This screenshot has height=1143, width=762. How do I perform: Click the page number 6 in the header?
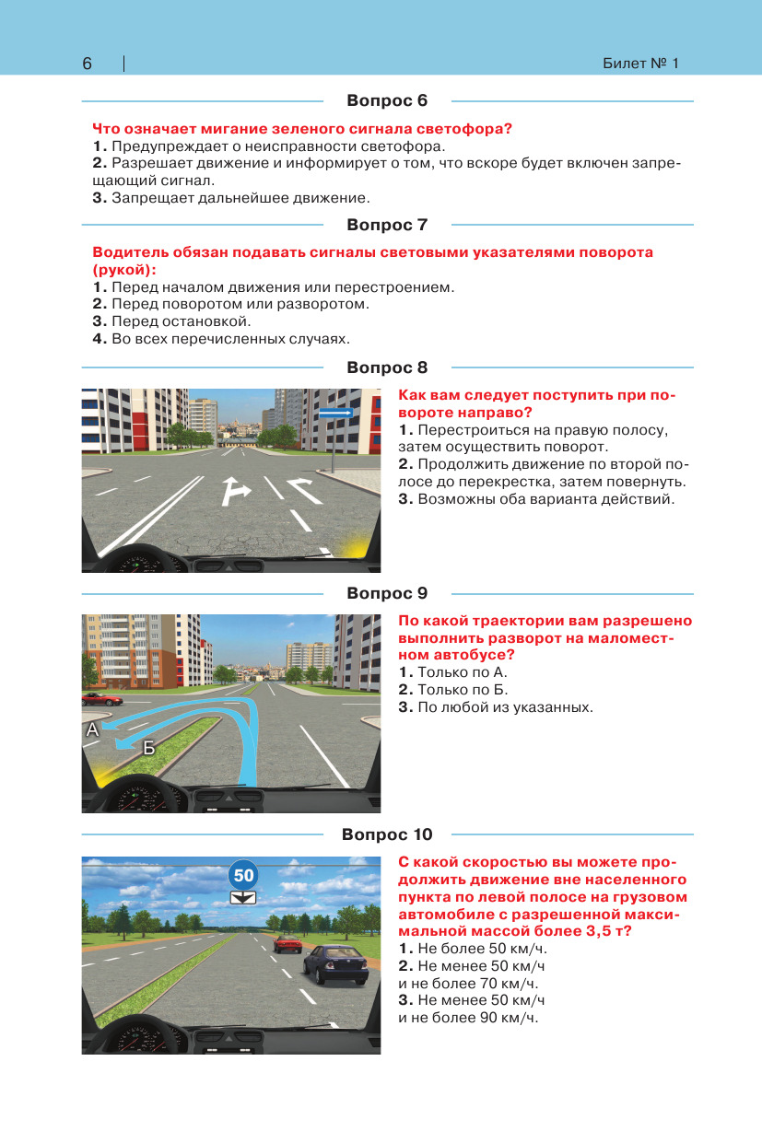click(x=87, y=64)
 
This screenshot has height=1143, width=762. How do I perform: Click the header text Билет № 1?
click(x=640, y=64)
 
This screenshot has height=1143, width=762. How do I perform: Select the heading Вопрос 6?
click(x=387, y=100)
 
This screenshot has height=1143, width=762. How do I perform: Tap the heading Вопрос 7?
click(x=387, y=225)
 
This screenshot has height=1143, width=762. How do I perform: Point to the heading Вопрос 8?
click(x=387, y=367)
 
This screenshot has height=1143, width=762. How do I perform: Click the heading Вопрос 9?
click(x=387, y=593)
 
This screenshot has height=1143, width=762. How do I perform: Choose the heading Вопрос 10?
click(x=387, y=834)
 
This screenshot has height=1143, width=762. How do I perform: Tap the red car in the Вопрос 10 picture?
click(x=287, y=942)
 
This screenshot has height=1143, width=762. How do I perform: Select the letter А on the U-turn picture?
click(x=91, y=730)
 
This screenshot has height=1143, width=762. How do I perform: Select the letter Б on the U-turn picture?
click(x=148, y=750)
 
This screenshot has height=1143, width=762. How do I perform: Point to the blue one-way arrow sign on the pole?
click(x=335, y=414)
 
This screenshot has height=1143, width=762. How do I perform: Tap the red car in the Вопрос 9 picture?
click(x=101, y=699)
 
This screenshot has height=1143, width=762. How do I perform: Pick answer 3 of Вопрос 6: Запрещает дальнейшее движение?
click(x=231, y=197)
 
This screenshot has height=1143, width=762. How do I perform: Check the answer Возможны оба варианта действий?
click(x=537, y=499)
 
